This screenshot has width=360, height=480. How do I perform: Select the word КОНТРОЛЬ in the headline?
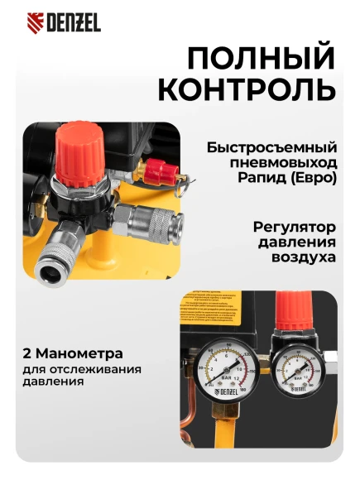click(247, 89)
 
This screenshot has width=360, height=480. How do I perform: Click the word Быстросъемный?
click(271, 148)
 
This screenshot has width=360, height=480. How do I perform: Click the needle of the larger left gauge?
click(218, 365)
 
